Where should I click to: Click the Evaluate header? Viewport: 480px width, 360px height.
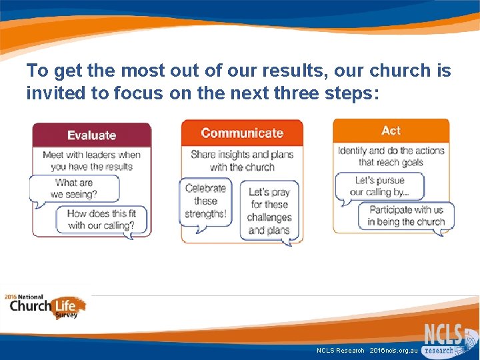click(x=92, y=135)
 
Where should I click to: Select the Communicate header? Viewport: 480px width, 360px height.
click(x=241, y=133)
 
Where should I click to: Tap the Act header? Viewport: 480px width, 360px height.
click(x=391, y=131)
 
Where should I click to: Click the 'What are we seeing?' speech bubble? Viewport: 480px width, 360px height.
click(x=74, y=189)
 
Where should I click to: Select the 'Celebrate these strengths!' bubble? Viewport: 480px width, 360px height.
click(x=206, y=201)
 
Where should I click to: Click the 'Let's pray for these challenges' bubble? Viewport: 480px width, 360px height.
click(x=269, y=211)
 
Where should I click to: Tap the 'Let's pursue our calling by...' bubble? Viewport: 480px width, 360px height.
click(x=379, y=186)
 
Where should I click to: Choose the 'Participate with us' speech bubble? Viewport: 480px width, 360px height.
click(x=406, y=216)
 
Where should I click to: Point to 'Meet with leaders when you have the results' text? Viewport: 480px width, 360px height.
click(x=92, y=161)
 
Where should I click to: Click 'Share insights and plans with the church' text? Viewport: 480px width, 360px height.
click(x=242, y=161)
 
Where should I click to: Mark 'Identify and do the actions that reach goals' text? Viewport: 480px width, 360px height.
click(x=391, y=157)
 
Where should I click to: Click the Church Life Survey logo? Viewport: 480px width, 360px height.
click(x=45, y=307)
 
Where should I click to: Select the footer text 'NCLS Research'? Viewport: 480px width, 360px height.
click(x=341, y=350)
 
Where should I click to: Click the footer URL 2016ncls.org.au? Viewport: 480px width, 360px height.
click(x=393, y=350)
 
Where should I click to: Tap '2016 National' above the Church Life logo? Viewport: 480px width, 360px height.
click(x=24, y=297)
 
